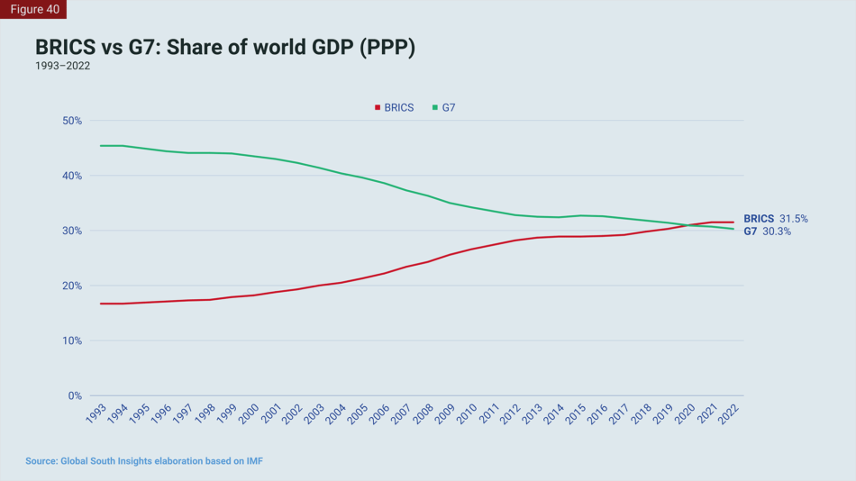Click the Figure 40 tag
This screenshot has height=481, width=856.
[33, 9]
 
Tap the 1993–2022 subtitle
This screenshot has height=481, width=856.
[62, 66]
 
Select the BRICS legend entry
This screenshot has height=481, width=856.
[395, 107]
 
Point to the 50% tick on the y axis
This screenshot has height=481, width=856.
[70, 121]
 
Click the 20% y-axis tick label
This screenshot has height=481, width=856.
[70, 286]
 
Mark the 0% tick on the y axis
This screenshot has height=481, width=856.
[74, 395]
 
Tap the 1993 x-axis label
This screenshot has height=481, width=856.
[95, 415]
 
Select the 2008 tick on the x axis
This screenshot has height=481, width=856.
[423, 415]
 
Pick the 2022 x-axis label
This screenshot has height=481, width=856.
[730, 415]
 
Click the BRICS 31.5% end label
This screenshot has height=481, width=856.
[775, 219]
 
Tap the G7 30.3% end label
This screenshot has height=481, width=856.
[768, 231]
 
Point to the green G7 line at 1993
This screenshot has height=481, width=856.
[101, 146]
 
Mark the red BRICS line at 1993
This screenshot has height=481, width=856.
[101, 304]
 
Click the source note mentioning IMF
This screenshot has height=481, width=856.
[144, 461]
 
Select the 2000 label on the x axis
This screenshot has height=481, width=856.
[248, 415]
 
